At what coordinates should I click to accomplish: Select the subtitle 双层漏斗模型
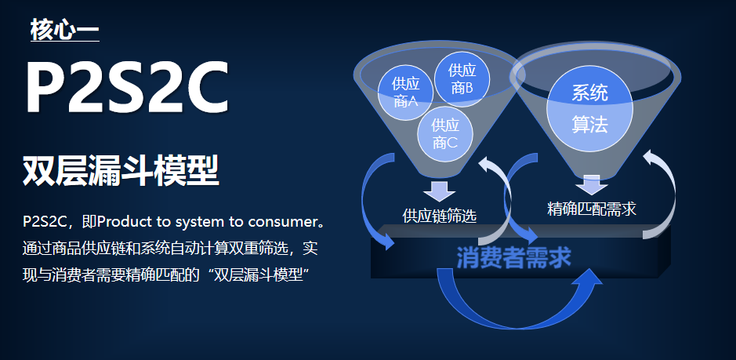pyautogui.click(x=121, y=170)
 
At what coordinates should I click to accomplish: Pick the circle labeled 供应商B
pyautogui.click(x=462, y=79)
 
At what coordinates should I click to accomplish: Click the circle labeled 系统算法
pyautogui.click(x=589, y=109)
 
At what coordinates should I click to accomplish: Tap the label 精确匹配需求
pyautogui.click(x=591, y=208)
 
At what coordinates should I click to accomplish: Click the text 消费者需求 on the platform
pyautogui.click(x=513, y=257)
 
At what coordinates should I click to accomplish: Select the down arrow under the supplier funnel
pyautogui.click(x=439, y=191)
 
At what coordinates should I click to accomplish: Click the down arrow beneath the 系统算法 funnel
pyautogui.click(x=591, y=184)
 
